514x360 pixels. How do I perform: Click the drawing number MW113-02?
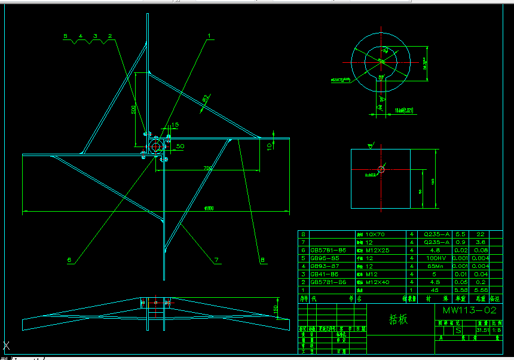469,310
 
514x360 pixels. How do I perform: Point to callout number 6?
69,260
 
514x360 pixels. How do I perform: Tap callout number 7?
217,260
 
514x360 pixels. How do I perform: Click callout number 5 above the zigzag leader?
66,36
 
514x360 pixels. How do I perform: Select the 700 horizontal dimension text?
208,169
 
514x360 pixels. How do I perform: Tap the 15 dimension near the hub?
175,125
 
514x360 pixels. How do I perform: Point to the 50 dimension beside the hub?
180,146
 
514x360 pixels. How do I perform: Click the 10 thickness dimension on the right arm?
270,145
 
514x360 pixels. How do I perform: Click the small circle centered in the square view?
381,167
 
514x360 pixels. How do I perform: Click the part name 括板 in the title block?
398,319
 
